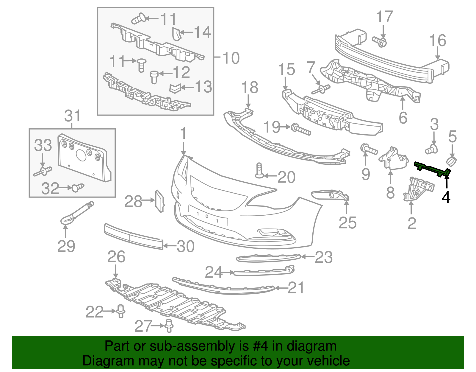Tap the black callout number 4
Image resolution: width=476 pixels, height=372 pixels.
pos(446,197)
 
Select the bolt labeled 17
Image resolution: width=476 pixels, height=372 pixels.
pos(380,41)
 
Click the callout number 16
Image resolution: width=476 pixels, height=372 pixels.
pos(438,41)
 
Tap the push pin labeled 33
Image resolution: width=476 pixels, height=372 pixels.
pos(43,171)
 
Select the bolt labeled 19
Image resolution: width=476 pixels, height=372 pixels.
pos(301,130)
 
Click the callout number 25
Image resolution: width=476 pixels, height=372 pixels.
pos(347,223)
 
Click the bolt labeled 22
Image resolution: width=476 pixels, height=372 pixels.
pos(120,311)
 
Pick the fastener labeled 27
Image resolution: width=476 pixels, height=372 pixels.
pos(169,325)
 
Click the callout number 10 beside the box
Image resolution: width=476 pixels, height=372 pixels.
pos(231,58)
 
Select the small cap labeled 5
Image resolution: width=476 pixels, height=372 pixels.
pos(451,162)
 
